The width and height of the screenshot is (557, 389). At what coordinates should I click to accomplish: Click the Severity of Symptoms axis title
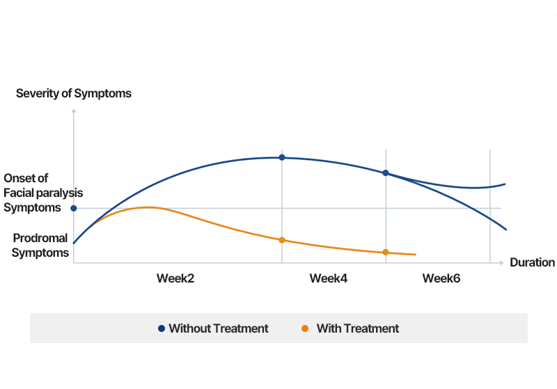(x=73, y=93)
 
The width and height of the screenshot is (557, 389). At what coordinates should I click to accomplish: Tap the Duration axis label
(x=532, y=262)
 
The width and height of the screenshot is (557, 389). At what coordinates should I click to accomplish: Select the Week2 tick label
(x=175, y=278)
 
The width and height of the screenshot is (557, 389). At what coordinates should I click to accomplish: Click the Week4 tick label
(x=329, y=278)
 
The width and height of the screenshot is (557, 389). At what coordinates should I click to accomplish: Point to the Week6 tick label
(x=441, y=278)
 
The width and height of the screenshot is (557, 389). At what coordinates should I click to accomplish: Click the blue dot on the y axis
(x=74, y=208)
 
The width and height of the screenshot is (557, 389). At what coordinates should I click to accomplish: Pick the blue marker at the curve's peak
(x=282, y=157)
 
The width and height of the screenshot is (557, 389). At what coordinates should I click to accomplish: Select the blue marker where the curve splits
(x=386, y=173)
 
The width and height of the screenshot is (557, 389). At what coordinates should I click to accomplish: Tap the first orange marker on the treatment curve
(x=282, y=240)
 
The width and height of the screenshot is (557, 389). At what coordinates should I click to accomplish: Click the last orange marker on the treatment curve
(x=386, y=252)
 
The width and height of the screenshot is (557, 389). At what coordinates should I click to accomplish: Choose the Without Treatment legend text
(x=218, y=328)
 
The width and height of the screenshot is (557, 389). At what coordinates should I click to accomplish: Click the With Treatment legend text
(x=357, y=328)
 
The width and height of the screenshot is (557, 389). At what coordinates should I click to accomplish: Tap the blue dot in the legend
(x=162, y=328)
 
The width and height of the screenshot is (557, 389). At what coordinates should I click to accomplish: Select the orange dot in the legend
(x=305, y=328)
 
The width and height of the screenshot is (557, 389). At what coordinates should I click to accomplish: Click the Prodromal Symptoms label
(x=40, y=245)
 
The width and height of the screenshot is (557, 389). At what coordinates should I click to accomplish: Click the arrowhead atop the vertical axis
(x=74, y=111)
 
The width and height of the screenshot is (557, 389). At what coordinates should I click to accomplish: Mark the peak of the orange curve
(x=148, y=207)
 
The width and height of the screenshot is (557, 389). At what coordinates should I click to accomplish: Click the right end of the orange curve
(x=415, y=255)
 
